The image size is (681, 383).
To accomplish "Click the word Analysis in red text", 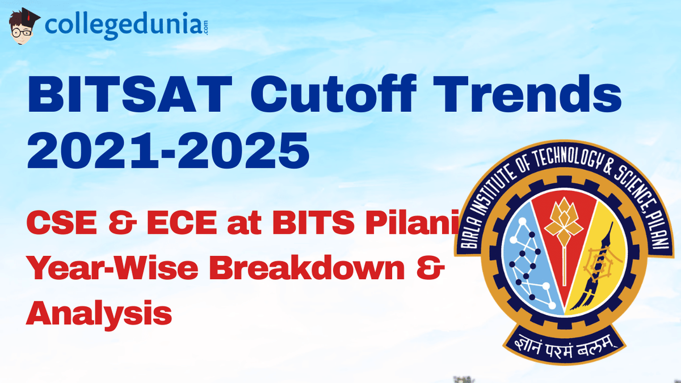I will (99, 312).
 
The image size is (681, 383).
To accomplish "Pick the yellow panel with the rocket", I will (596, 261).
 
